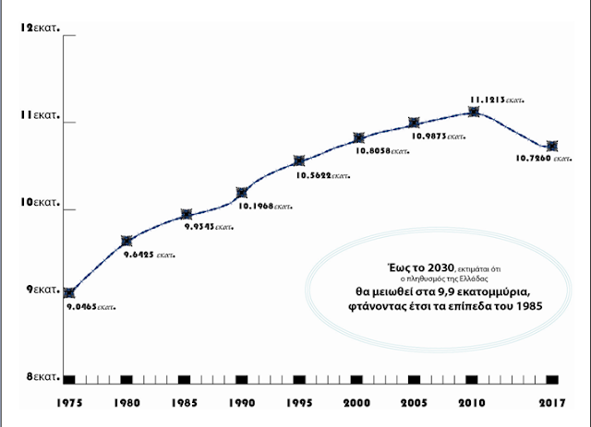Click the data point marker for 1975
pyautogui.click(x=69, y=292)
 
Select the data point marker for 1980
pyautogui.click(x=127, y=241)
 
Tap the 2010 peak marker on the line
pyautogui.click(x=474, y=112)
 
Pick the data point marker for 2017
pyautogui.click(x=552, y=146)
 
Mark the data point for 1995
pyautogui.click(x=299, y=161)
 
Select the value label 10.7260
pyautogui.click(x=543, y=159)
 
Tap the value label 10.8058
pyautogui.click(x=379, y=149)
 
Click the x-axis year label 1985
pyautogui.click(x=184, y=404)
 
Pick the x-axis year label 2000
pyautogui.click(x=357, y=404)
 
